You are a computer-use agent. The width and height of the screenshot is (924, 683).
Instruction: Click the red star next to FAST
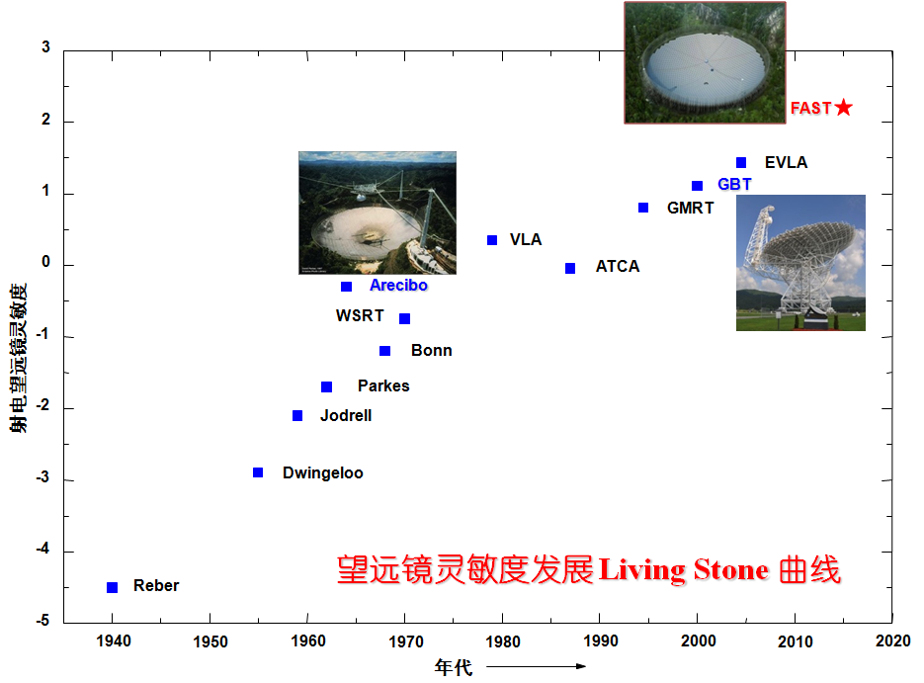coord(843,108)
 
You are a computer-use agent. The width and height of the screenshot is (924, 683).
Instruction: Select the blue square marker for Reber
coord(113,588)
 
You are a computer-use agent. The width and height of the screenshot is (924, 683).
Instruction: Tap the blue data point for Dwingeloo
coord(258,472)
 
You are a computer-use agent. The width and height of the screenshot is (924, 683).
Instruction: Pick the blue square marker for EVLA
coord(741,163)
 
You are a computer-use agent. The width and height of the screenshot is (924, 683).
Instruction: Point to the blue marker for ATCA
coord(570,269)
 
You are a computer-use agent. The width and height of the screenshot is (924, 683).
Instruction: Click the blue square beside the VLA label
coord(492,240)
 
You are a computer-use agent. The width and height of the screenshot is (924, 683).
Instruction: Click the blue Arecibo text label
coord(398,286)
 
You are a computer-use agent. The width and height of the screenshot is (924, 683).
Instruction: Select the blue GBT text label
coord(734,185)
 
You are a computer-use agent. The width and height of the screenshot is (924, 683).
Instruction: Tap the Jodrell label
coord(346,416)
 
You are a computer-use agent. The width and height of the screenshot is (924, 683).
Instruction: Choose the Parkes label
coord(383,386)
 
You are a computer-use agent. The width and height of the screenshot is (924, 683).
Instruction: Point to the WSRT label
coord(360,316)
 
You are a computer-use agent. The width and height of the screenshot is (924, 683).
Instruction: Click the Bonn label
coord(432,351)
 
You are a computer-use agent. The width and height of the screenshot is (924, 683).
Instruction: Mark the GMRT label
coord(690,209)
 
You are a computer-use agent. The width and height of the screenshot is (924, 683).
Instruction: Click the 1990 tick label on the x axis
coord(600,641)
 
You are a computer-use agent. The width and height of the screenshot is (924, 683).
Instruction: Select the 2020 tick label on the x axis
coord(892,641)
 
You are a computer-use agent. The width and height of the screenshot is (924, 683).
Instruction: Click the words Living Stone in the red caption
coord(683,570)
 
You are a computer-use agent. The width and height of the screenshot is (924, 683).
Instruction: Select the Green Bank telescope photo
coord(800,262)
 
